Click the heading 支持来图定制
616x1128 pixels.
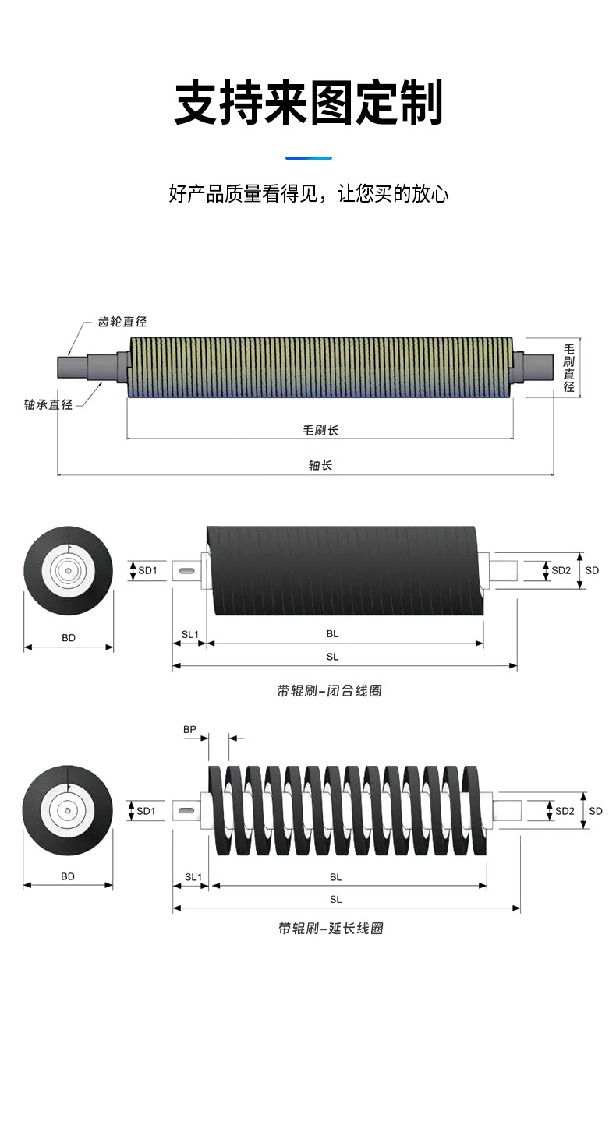click(308, 102)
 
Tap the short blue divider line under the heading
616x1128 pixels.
click(309, 158)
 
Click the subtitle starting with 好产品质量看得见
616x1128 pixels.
click(309, 193)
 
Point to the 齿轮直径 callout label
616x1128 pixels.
click(122, 322)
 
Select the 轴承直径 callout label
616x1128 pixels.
click(48, 404)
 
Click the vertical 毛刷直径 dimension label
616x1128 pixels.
click(568, 368)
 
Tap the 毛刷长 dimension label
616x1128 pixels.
click(320, 430)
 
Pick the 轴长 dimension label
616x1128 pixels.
click(320, 465)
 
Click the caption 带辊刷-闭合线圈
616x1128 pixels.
click(329, 690)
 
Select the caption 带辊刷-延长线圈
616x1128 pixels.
click(331, 928)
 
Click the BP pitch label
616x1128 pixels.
click(189, 729)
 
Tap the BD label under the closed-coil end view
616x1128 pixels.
click(69, 638)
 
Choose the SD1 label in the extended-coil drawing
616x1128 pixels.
click(146, 811)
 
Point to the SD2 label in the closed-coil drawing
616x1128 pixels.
click(561, 570)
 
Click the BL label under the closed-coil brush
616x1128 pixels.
click(332, 634)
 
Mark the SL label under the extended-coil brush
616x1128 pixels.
click(336, 900)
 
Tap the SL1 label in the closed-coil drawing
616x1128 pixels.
click(190, 634)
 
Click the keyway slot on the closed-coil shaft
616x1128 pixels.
click(186, 571)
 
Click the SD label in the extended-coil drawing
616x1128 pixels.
click(595, 811)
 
